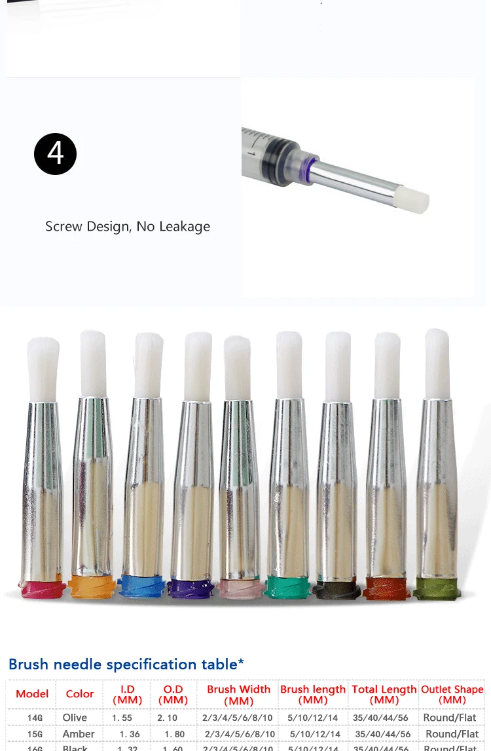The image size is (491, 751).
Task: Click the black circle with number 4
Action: [55, 154]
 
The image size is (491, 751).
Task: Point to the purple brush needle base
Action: [191, 587]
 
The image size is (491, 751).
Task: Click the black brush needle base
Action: [336, 588]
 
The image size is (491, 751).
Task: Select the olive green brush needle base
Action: [437, 588]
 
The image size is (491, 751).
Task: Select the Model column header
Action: [32, 694]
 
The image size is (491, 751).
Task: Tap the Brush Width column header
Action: [238, 695]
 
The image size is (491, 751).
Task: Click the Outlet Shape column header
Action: [452, 694]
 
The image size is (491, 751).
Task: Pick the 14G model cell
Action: [35, 718]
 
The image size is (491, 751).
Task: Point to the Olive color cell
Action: [75, 718]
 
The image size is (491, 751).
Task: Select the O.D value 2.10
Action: [168, 718]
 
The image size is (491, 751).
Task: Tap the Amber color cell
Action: [79, 734]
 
